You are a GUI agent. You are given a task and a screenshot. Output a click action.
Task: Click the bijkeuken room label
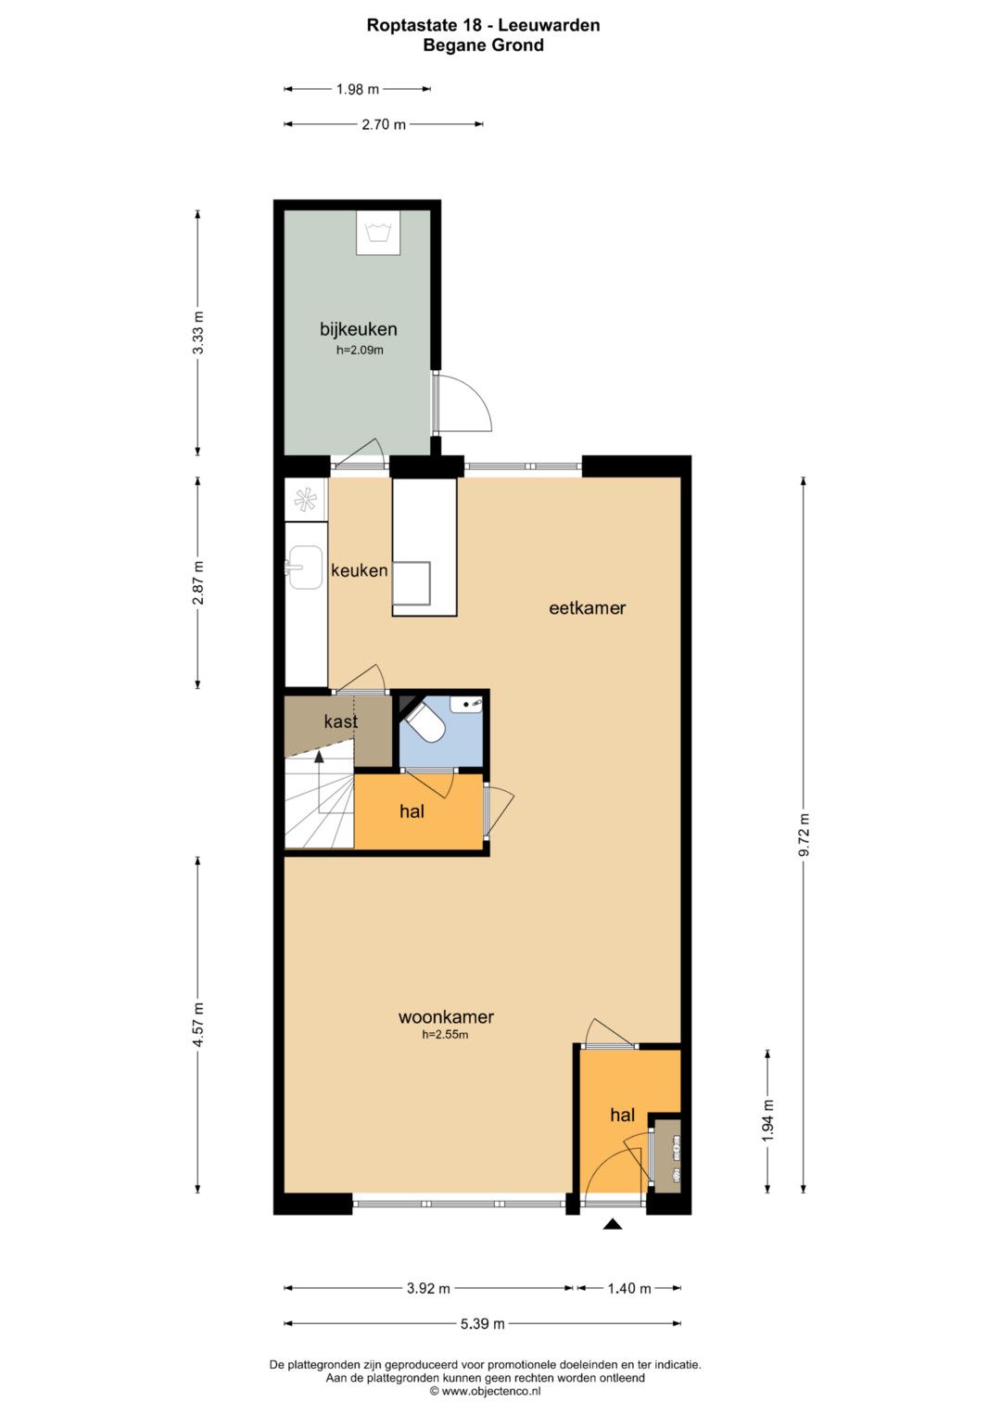point(358,329)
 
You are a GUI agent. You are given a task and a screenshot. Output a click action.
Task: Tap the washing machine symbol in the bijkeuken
point(378,233)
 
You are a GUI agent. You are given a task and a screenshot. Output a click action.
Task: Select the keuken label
point(359,571)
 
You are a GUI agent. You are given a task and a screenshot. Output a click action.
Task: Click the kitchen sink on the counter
point(304,568)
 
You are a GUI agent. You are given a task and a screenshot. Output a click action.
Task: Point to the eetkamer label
point(587,608)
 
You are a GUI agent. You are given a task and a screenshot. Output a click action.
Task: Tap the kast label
point(341,721)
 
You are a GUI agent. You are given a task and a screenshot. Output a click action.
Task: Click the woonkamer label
point(446,1017)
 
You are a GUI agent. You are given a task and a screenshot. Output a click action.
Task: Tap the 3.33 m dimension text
point(198,333)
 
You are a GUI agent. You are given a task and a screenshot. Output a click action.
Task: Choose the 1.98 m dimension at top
point(358,89)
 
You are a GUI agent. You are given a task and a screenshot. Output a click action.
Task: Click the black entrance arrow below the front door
point(613,1224)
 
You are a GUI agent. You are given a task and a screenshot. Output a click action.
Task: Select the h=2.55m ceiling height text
point(445,1035)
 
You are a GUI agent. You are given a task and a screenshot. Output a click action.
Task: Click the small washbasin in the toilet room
point(466,703)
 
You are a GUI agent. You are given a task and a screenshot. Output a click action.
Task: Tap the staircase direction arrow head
point(319,756)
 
